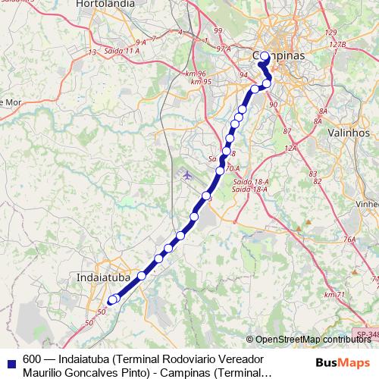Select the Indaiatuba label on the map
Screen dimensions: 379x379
point(104,278)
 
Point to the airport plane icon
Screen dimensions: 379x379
point(187,175)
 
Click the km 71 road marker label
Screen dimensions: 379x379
point(333,294)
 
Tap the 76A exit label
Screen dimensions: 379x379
point(349,240)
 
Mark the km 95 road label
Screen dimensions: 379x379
point(200,81)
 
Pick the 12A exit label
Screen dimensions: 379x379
point(289,147)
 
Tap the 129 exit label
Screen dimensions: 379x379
point(330,33)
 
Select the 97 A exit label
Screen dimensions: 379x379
point(223,48)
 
